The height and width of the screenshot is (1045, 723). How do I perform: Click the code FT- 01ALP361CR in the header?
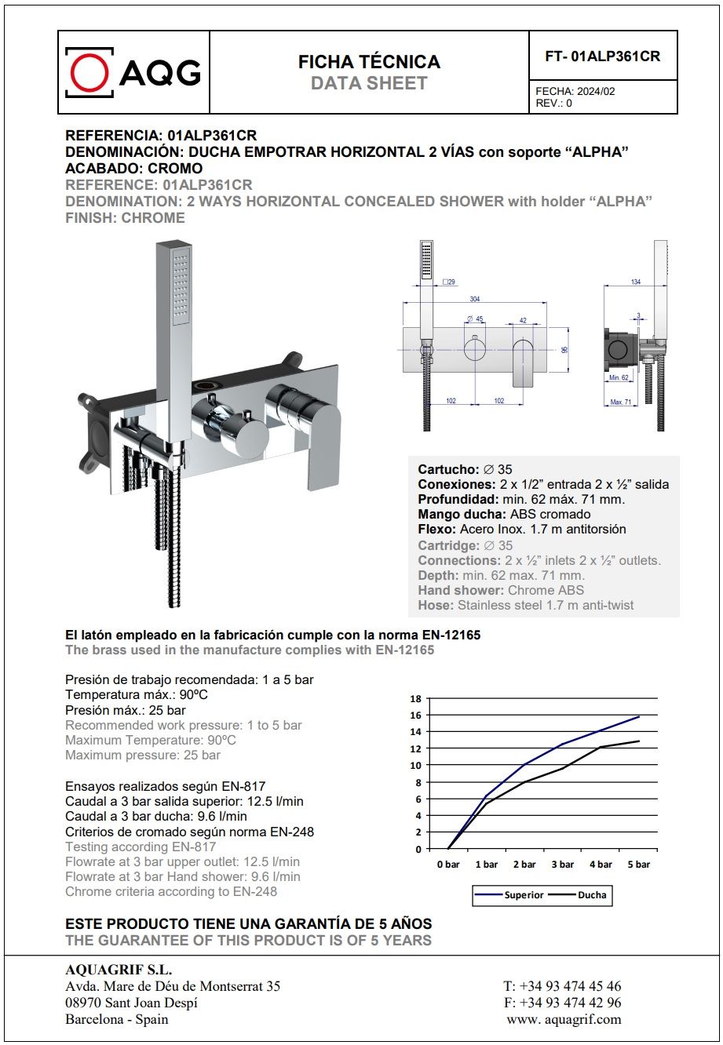pyautogui.click(x=603, y=56)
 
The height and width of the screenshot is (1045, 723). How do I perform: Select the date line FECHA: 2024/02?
pyautogui.click(x=575, y=91)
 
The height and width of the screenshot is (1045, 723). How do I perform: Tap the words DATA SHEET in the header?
pyautogui.click(x=369, y=84)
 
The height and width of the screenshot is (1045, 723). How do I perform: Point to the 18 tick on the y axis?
pyautogui.click(x=416, y=698)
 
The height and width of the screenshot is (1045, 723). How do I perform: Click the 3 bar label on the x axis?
pyautogui.click(x=562, y=864)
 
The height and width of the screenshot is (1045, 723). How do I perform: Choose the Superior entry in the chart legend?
pyautogui.click(x=524, y=894)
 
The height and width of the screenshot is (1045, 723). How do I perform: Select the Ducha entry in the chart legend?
pyautogui.click(x=591, y=894)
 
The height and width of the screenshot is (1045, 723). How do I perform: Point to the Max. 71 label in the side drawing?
pyautogui.click(x=621, y=402)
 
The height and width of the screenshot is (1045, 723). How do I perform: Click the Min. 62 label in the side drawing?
pyautogui.click(x=619, y=378)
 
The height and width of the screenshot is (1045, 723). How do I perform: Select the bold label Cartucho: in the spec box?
pyautogui.click(x=448, y=469)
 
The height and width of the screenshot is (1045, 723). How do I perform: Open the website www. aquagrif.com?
pyautogui.click(x=564, y=1019)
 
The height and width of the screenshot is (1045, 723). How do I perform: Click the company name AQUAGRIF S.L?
pyautogui.click(x=119, y=970)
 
